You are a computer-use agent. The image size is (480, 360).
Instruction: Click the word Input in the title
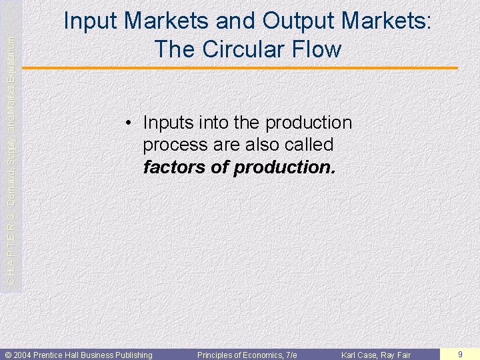(x=91, y=21)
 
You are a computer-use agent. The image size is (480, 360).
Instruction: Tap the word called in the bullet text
(x=305, y=145)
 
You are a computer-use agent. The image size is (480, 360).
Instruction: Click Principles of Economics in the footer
(x=239, y=355)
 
